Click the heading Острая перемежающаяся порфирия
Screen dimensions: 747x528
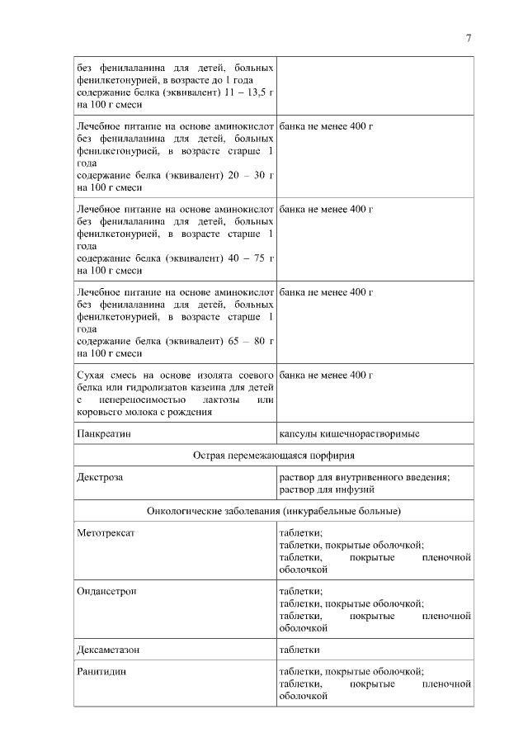274,455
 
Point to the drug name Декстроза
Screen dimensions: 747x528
100,477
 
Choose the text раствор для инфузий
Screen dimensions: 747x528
327,489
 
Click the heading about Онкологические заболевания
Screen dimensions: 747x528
274,511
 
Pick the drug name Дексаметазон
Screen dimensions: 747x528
108,650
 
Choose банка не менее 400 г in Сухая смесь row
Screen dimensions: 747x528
327,375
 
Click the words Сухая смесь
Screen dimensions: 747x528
105,375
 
